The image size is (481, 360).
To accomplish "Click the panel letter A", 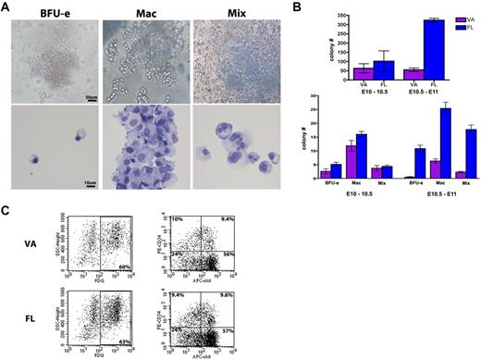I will tap(6, 7).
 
